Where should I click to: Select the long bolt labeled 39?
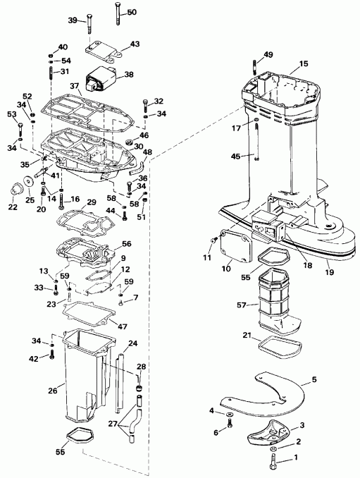(x=90, y=23)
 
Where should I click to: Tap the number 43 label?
(x=135, y=44)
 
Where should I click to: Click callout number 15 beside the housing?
(x=304, y=63)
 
